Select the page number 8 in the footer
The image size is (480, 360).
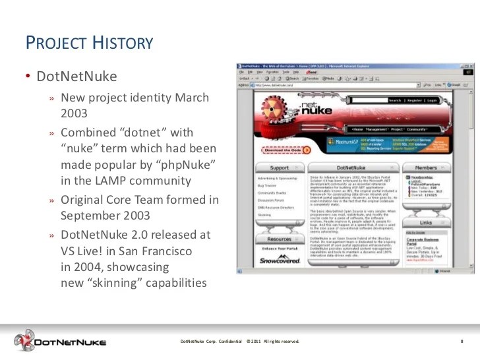pos(462,341)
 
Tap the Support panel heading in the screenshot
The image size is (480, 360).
pos(280,168)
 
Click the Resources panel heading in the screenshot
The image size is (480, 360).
pos(280,239)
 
